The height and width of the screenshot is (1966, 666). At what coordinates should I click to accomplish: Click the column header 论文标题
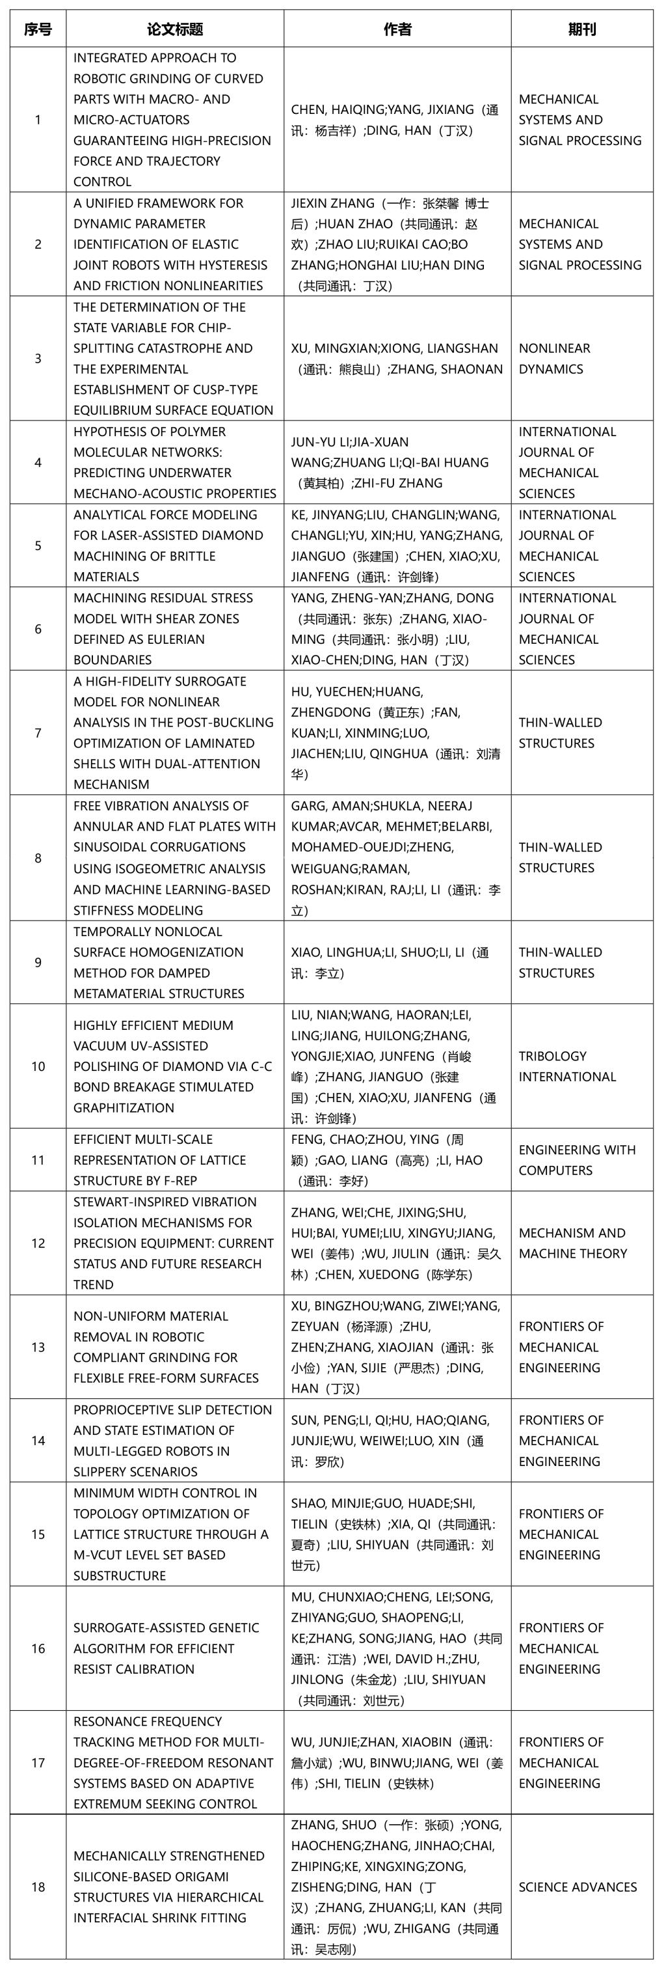pos(175,29)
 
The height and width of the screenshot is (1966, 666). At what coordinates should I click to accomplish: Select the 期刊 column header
pos(581,29)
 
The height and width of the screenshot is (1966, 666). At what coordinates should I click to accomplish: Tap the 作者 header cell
pos(397,29)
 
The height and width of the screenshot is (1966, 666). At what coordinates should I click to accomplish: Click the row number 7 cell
pos(38,732)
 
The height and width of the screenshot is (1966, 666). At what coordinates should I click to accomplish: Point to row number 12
pos(38,1243)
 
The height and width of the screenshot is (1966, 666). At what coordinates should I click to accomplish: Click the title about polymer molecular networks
pos(175,462)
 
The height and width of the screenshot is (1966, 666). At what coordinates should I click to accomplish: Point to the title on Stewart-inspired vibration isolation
pos(175,1243)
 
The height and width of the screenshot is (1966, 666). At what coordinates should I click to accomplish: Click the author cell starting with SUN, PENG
pos(397,1440)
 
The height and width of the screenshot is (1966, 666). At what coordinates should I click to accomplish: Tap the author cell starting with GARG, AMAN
pos(397,858)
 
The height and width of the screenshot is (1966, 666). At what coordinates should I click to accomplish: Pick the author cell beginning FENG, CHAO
pos(397,1160)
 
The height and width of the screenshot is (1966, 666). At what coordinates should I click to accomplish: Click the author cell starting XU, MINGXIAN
pos(397,359)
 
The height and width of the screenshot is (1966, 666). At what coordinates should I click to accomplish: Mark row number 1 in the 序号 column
pos(38,120)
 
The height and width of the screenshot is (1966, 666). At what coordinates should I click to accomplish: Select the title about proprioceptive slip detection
pos(175,1440)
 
